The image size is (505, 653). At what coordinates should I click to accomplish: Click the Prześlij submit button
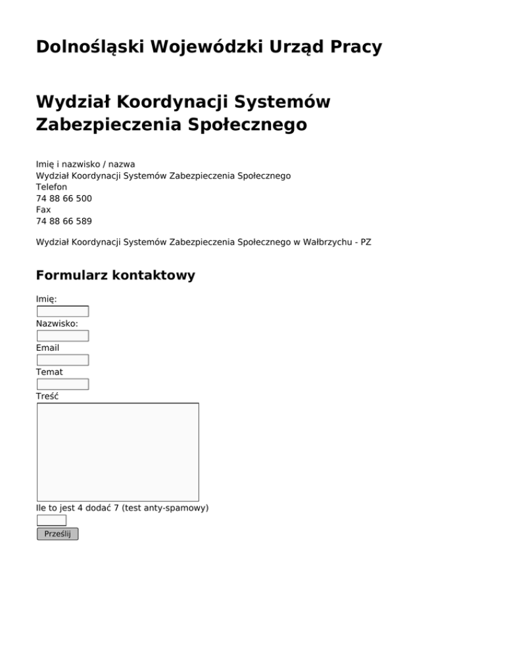(57, 534)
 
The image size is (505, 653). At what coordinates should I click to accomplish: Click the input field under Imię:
(62, 311)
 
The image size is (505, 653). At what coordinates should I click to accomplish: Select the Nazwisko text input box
(62, 336)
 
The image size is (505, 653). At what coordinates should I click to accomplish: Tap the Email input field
(62, 360)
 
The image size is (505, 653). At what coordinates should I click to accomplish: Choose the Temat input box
(62, 384)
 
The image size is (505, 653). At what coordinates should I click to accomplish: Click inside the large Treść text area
(118, 452)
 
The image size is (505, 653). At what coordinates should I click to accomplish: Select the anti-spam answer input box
(51, 520)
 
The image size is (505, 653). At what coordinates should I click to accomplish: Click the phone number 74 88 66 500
(64, 198)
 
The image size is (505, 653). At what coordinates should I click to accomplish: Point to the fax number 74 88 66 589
(64, 221)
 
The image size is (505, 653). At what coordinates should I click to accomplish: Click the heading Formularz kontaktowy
(115, 275)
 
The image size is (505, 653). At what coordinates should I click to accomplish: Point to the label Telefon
(51, 187)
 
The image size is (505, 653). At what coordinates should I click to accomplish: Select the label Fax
(43, 210)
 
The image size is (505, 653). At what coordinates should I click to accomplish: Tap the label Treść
(47, 396)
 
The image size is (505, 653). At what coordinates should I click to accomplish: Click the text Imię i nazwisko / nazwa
(85, 164)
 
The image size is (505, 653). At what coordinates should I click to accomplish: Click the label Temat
(49, 372)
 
